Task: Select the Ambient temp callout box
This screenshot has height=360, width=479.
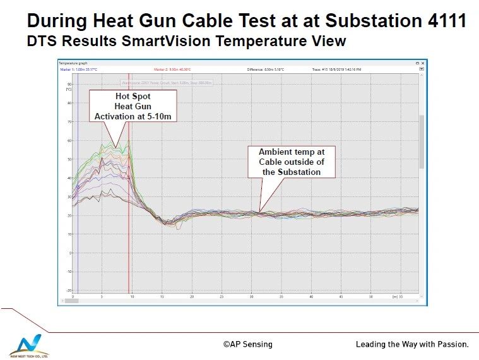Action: point(292,162)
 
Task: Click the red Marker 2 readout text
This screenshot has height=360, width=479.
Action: point(172,69)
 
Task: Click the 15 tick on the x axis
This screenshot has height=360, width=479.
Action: point(162,296)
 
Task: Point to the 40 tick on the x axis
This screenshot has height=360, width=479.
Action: point(311,296)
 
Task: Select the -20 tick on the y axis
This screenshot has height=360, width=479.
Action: point(68,290)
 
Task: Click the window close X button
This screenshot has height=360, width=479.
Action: point(423,63)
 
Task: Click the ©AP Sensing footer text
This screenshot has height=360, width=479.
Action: point(247,344)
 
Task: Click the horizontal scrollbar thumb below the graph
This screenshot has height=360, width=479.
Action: point(71,301)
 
